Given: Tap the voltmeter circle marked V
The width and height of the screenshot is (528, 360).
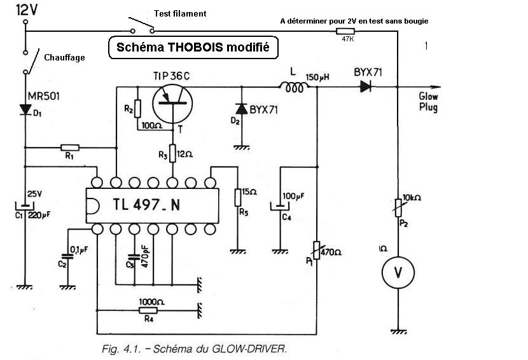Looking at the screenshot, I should tap(398, 272).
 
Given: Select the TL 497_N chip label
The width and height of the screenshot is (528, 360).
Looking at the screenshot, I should tap(151, 205).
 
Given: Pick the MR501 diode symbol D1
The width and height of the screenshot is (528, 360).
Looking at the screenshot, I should tap(25, 109).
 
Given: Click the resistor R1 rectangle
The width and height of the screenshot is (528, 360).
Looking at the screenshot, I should tap(69, 148).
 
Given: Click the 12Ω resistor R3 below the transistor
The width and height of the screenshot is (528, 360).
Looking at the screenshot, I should tap(174, 155).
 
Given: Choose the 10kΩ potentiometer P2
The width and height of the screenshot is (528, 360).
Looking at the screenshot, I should tap(398, 209).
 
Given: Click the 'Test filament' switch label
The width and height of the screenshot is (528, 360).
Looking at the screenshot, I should tap(180, 13).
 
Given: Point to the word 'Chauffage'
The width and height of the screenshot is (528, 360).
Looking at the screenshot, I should tap(64, 57).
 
